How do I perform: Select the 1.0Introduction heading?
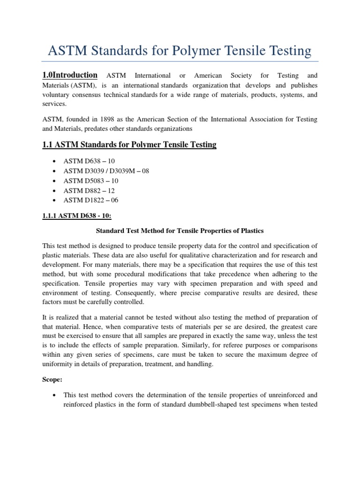(x=70, y=75)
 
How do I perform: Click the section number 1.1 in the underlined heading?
(x=48, y=145)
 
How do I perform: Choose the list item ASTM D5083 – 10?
(x=89, y=180)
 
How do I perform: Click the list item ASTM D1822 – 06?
(x=89, y=200)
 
